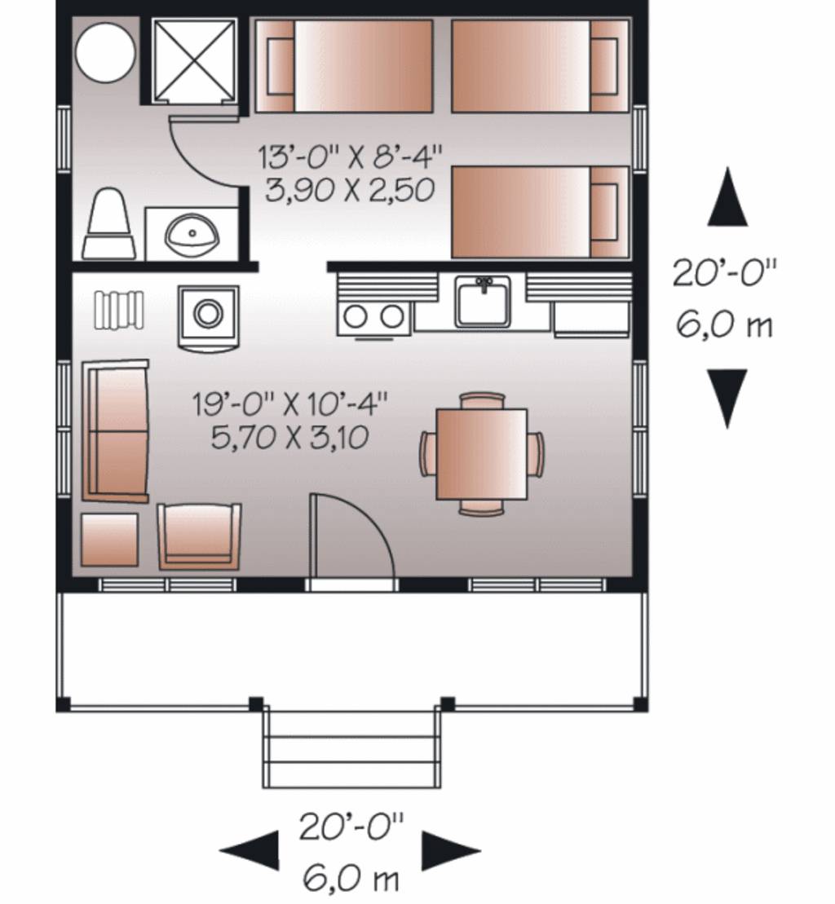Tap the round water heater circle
point(104,51)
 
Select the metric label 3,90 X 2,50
point(349,191)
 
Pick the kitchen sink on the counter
point(483,302)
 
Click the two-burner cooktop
point(373,316)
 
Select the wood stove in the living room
point(208,313)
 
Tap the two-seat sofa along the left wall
point(116,431)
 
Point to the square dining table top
point(481,453)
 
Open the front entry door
point(351,538)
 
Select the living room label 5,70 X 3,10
point(289,439)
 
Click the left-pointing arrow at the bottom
point(250,852)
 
